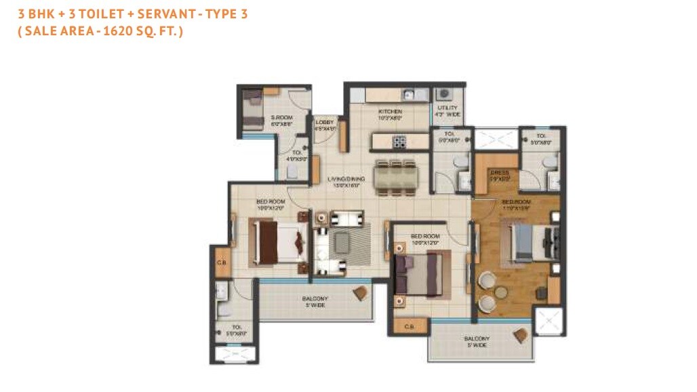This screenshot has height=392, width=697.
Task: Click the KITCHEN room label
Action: click(x=390, y=111)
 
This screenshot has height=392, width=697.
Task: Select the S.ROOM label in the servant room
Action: click(x=281, y=118)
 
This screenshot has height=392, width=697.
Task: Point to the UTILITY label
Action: click(x=448, y=108)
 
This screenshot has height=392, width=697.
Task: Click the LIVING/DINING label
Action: click(x=346, y=179)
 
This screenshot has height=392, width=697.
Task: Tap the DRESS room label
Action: click(x=500, y=172)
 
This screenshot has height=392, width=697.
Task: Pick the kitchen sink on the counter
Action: click(x=409, y=95)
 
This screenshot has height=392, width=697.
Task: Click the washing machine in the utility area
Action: click(x=443, y=94)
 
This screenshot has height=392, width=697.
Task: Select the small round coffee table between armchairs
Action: click(x=500, y=292)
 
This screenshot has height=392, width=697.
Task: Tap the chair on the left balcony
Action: click(x=360, y=292)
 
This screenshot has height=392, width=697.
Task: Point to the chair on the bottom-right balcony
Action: click(x=521, y=335)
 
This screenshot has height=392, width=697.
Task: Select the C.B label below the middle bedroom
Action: click(x=409, y=327)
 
